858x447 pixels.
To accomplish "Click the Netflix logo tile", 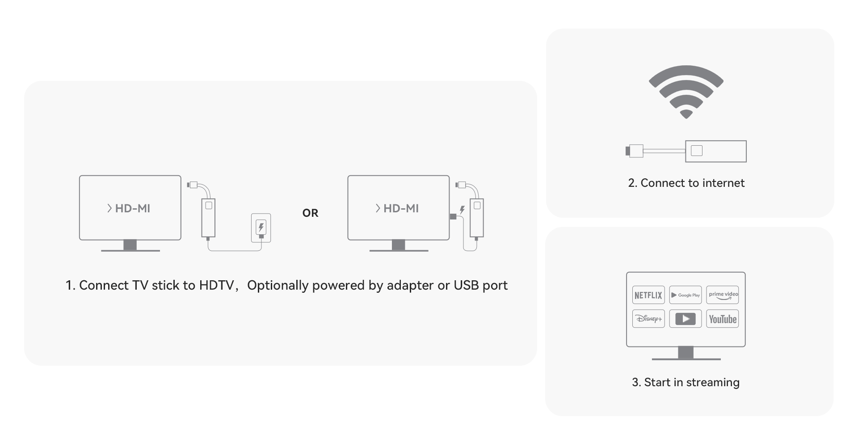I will click(648, 295).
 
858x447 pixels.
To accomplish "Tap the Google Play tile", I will click(686, 295).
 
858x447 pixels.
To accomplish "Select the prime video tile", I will click(723, 295).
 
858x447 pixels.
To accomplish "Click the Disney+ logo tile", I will click(648, 319).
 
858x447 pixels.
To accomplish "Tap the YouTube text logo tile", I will click(723, 319).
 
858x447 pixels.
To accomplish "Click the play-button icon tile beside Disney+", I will click(686, 319).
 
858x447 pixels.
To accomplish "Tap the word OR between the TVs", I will click(310, 213).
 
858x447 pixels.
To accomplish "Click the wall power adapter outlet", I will click(261, 228).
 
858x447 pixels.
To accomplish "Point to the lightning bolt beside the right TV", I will click(462, 210).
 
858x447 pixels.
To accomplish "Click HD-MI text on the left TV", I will click(132, 208).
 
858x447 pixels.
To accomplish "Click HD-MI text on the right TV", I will click(401, 208).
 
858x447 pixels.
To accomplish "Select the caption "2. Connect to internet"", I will click(686, 183).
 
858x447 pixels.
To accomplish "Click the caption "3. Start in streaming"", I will click(686, 382).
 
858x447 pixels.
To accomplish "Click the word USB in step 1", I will click(466, 285).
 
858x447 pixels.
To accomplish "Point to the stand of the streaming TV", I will click(686, 353).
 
